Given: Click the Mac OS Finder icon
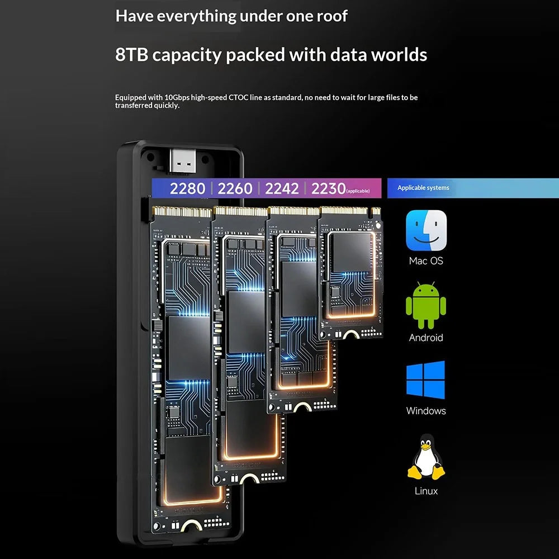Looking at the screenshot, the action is (426, 230).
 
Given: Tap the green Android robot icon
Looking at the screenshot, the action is (426, 306).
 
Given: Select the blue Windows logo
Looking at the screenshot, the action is (425, 380).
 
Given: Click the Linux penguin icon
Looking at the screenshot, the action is (427, 457).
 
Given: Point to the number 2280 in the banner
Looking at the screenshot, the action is (187, 188).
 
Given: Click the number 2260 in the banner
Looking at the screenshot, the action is (235, 188).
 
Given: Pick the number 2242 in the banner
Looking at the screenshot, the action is (282, 188).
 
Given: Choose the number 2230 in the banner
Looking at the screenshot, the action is (328, 188).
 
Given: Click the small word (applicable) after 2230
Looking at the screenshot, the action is (358, 191).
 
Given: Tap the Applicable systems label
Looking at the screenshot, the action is (423, 188).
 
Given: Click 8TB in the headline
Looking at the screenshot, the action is (131, 55).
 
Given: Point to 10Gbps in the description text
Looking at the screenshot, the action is (177, 98).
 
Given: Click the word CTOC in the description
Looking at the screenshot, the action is (238, 97).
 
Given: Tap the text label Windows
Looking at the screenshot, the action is (426, 411).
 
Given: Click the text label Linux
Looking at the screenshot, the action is (426, 491).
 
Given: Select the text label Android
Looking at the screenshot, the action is (426, 338).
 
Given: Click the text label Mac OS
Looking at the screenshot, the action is (426, 261).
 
